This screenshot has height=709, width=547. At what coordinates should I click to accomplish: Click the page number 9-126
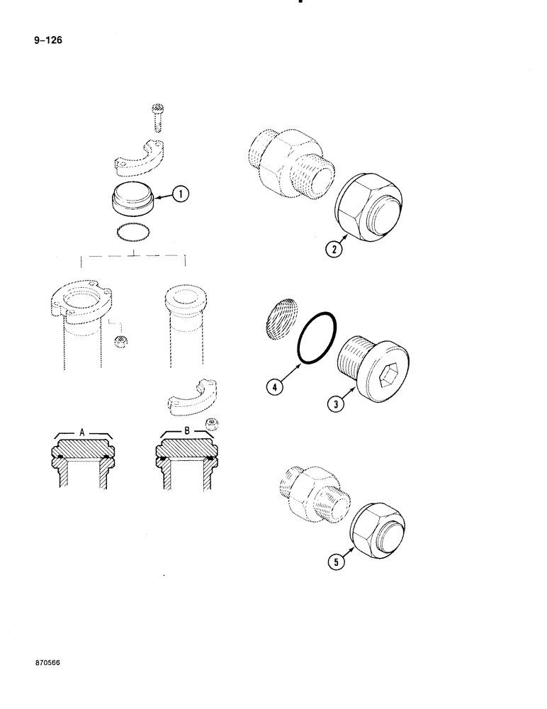tap(46, 40)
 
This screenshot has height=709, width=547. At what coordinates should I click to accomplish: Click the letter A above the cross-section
tap(82, 431)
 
